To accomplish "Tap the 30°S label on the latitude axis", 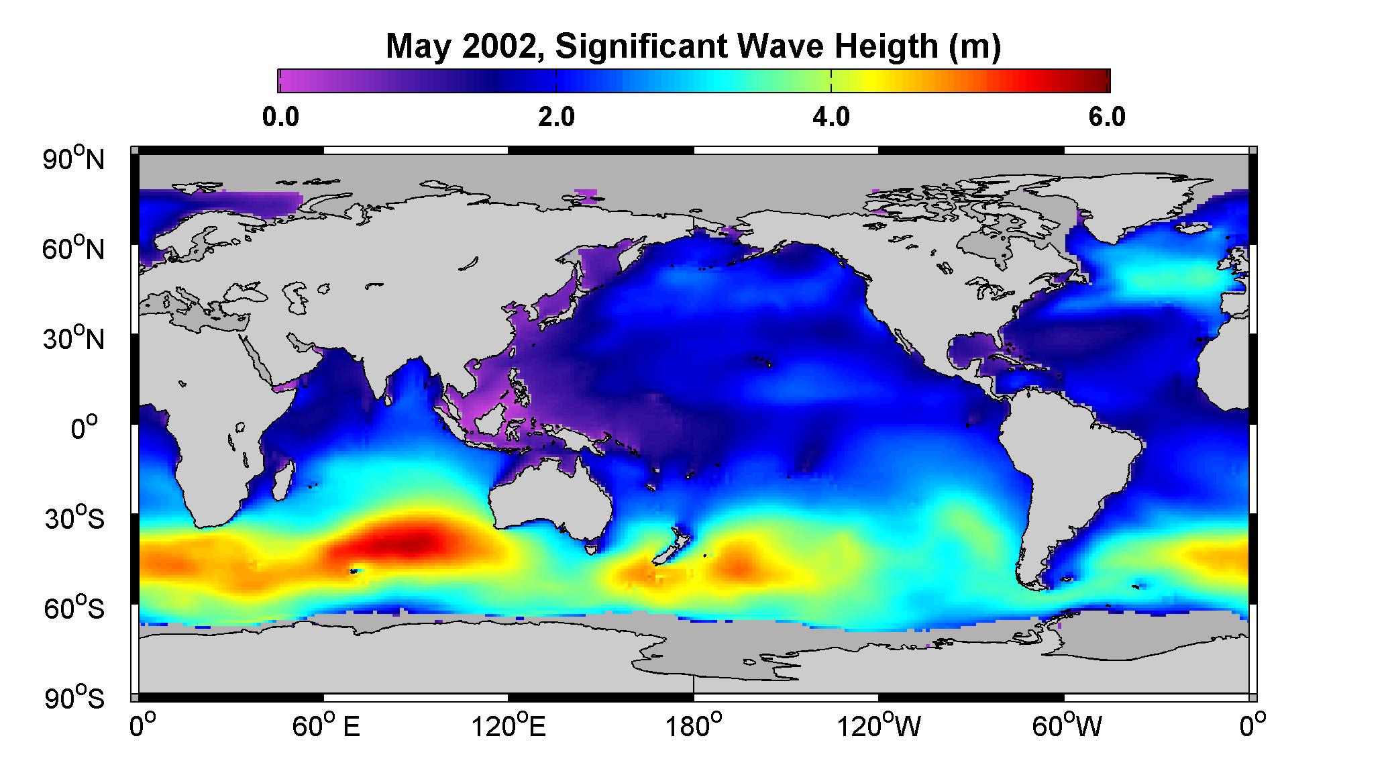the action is click(74, 518).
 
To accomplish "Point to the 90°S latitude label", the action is click(74, 698).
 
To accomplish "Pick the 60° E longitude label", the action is click(327, 727).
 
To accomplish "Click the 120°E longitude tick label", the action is click(509, 727).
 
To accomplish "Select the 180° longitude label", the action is click(693, 727).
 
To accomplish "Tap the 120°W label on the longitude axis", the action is click(879, 727).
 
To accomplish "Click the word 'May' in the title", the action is click(417, 48).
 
